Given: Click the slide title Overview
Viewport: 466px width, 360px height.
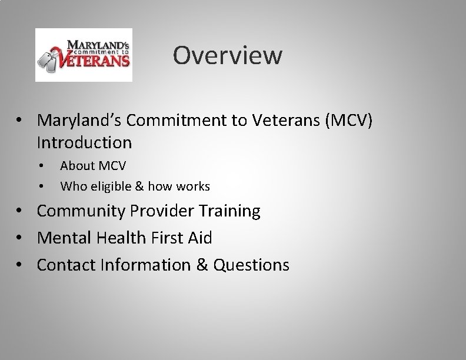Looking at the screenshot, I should (x=228, y=56).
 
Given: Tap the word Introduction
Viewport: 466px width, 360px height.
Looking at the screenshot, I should (x=84, y=142).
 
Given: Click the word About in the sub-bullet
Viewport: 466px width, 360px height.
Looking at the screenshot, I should (x=76, y=165).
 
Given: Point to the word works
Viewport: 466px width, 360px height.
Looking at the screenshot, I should (x=192, y=186).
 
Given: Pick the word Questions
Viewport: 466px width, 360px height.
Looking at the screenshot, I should (x=251, y=265).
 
